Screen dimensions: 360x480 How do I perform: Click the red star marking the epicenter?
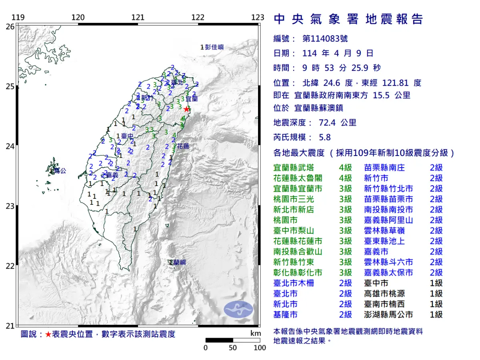[186, 109]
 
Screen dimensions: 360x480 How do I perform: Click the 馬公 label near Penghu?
[60, 171]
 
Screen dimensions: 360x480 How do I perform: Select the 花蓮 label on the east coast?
[183, 146]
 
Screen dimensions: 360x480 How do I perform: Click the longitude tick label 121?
[138, 17]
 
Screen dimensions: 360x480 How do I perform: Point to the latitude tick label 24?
[10, 146]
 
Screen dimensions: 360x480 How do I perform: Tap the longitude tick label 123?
[258, 17]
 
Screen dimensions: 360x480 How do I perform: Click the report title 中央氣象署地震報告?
[348, 19]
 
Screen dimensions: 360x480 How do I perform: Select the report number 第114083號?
[325, 39]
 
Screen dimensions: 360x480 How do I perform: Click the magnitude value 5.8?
[325, 137]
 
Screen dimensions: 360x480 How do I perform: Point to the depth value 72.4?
[327, 123]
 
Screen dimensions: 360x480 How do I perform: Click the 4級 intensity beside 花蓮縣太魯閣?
[346, 178]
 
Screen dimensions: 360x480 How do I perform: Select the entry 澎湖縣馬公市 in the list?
[388, 314]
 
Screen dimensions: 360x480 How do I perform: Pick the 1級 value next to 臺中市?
[436, 283]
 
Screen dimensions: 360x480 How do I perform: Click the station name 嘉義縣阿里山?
[388, 220]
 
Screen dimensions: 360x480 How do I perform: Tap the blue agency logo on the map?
[238, 309]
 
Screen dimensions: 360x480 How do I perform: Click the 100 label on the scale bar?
[260, 348]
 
